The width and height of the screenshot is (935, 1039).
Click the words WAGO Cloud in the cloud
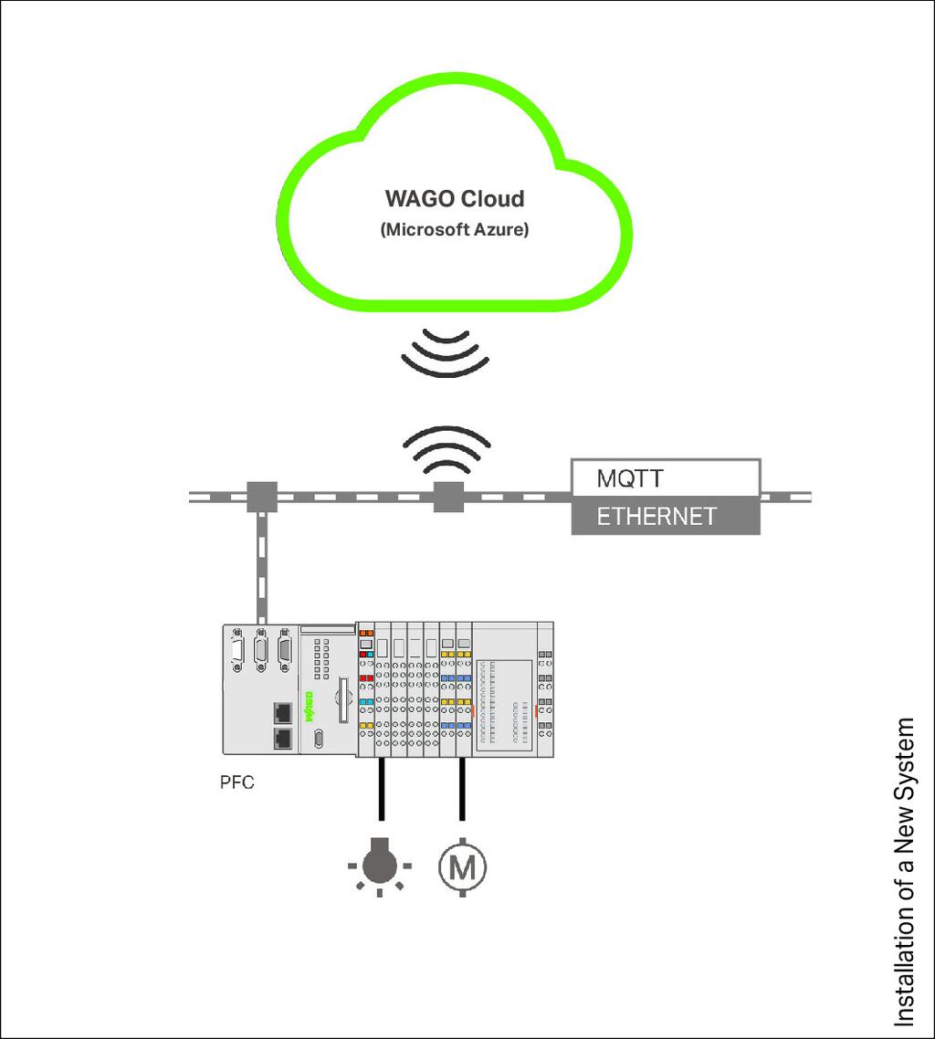tap(455, 199)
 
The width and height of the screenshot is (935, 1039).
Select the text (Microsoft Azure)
tap(455, 230)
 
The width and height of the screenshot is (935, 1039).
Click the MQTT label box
tap(666, 478)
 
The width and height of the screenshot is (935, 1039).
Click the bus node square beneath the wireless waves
tap(448, 497)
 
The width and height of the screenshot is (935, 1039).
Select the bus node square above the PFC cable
tap(262, 497)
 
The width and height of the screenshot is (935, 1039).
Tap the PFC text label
tap(236, 782)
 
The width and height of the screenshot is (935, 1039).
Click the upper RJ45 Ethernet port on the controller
tap(283, 712)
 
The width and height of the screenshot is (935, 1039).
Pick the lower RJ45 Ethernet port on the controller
tap(283, 739)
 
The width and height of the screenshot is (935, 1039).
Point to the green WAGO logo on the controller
tap(308, 707)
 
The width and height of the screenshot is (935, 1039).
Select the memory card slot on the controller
tap(343, 699)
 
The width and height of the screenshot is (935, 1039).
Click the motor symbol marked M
tap(463, 866)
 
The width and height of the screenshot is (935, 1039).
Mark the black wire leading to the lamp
tap(381, 789)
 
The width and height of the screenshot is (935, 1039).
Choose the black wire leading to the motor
tap(462, 789)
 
